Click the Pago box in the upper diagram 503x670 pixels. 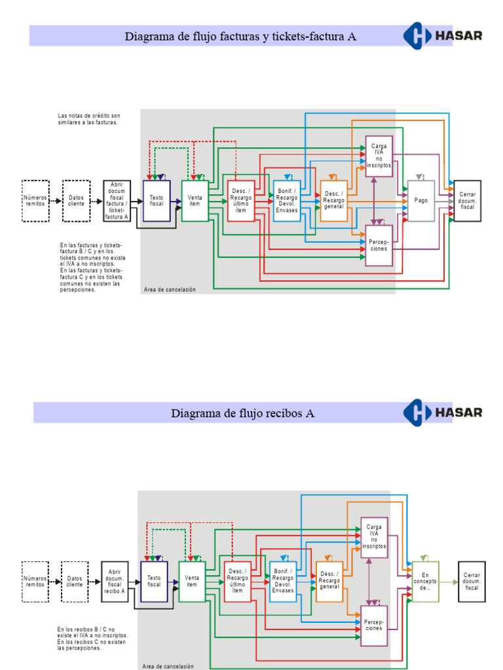pyautogui.click(x=420, y=201)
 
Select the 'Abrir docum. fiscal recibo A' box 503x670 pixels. pyautogui.click(x=115, y=582)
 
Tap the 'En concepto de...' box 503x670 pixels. pyautogui.click(x=425, y=582)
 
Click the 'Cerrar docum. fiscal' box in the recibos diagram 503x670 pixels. pyautogui.click(x=472, y=582)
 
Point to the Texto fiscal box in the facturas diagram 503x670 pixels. pyautogui.click(x=157, y=201)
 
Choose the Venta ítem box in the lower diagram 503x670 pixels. pyautogui.click(x=192, y=582)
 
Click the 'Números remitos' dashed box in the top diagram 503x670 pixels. pyautogui.click(x=35, y=201)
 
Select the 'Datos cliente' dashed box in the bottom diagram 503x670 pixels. pyautogui.click(x=75, y=582)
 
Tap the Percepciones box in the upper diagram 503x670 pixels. pyautogui.click(x=379, y=245)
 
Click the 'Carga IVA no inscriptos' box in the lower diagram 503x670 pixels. pyautogui.click(x=374, y=537)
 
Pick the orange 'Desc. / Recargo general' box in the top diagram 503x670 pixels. pyautogui.click(x=333, y=201)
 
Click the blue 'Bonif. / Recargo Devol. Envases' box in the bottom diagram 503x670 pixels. pyautogui.click(x=283, y=582)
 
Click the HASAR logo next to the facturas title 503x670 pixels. pyautogui.click(x=443, y=35)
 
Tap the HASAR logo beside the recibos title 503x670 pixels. pyautogui.click(x=443, y=412)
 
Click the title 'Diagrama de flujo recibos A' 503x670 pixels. pyautogui.click(x=242, y=413)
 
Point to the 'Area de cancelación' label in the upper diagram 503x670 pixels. pyautogui.click(x=169, y=289)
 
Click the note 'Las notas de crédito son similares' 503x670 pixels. pyautogui.click(x=89, y=119)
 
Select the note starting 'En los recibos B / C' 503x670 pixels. pyautogui.click(x=92, y=639)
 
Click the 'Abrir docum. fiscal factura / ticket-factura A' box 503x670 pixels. pyautogui.click(x=117, y=201)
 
